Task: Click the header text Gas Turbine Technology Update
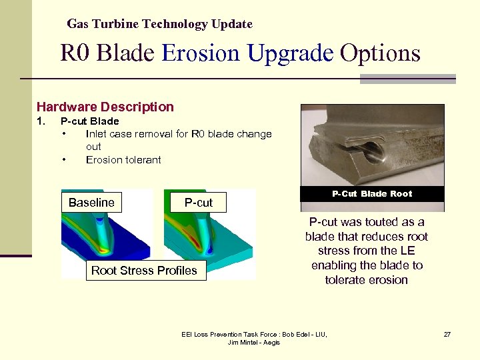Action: click(x=159, y=24)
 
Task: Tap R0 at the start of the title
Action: click(x=75, y=53)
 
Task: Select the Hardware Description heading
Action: click(x=105, y=107)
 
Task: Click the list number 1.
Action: click(x=41, y=121)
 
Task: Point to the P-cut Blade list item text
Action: click(x=89, y=121)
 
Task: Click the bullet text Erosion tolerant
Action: click(x=123, y=159)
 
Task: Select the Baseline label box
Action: click(x=91, y=203)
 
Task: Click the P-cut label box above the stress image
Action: click(x=198, y=203)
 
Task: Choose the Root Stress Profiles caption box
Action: click(x=144, y=270)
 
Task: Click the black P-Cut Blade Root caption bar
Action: click(x=372, y=194)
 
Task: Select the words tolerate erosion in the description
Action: click(x=366, y=280)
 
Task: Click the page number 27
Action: click(x=447, y=334)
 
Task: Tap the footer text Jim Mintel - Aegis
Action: click(x=254, y=342)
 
